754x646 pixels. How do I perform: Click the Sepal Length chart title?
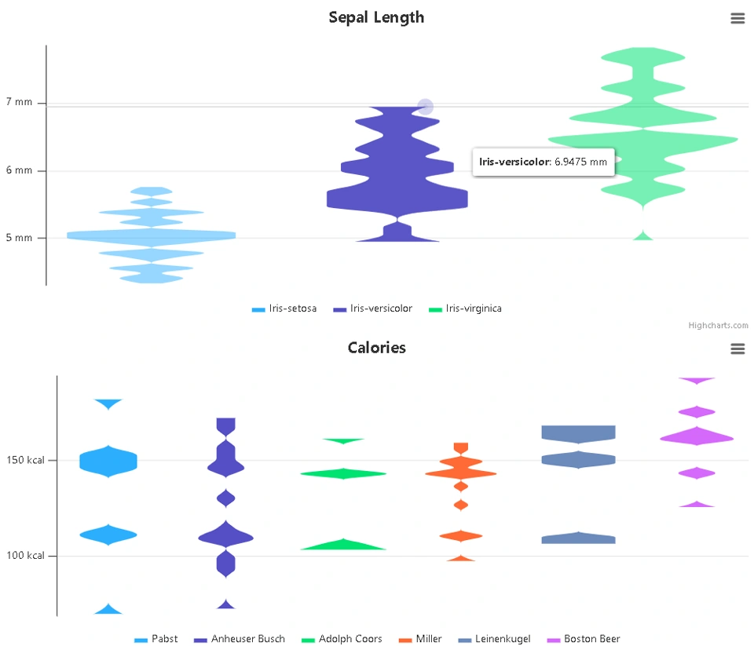pyautogui.click(x=376, y=17)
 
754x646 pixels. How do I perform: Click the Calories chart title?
pyautogui.click(x=376, y=348)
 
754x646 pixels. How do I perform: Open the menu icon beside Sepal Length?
pyautogui.click(x=737, y=19)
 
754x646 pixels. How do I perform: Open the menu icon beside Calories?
pyautogui.click(x=737, y=349)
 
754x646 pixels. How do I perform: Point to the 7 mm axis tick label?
pyautogui.click(x=19, y=102)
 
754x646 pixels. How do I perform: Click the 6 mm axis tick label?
pyautogui.click(x=19, y=170)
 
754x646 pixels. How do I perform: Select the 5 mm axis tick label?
pyautogui.click(x=19, y=238)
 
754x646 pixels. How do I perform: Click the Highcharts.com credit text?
pyautogui.click(x=718, y=326)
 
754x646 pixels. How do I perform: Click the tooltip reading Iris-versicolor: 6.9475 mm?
pyautogui.click(x=543, y=162)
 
